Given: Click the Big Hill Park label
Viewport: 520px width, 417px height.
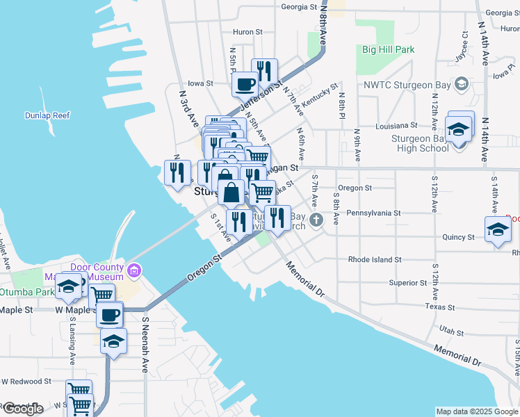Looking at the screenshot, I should coord(388,49).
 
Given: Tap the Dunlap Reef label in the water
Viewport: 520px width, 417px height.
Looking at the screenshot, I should coord(46,115).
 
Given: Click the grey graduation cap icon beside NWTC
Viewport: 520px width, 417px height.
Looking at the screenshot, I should coord(460,84).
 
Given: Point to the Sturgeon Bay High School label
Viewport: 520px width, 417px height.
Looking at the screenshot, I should coord(423,143).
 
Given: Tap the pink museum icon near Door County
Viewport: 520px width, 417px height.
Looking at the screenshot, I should coord(134,268).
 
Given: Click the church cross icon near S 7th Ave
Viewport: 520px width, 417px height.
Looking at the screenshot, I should coord(316,221).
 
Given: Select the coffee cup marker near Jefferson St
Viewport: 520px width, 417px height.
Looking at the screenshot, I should coord(245,85).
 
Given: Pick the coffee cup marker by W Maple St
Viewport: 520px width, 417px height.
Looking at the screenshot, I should coord(110,315).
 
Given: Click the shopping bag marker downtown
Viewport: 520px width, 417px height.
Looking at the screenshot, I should coord(231,190).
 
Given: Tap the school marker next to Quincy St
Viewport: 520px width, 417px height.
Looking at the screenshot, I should coord(498,230).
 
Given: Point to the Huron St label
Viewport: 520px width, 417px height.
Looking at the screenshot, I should coord(247,32).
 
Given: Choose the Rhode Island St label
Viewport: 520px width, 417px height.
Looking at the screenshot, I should coord(375,259).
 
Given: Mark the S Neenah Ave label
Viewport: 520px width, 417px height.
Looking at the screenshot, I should coord(145,345).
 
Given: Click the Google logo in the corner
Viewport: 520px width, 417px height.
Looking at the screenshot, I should coord(22,408).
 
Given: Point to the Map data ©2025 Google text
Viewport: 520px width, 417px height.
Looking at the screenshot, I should coord(476,411).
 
